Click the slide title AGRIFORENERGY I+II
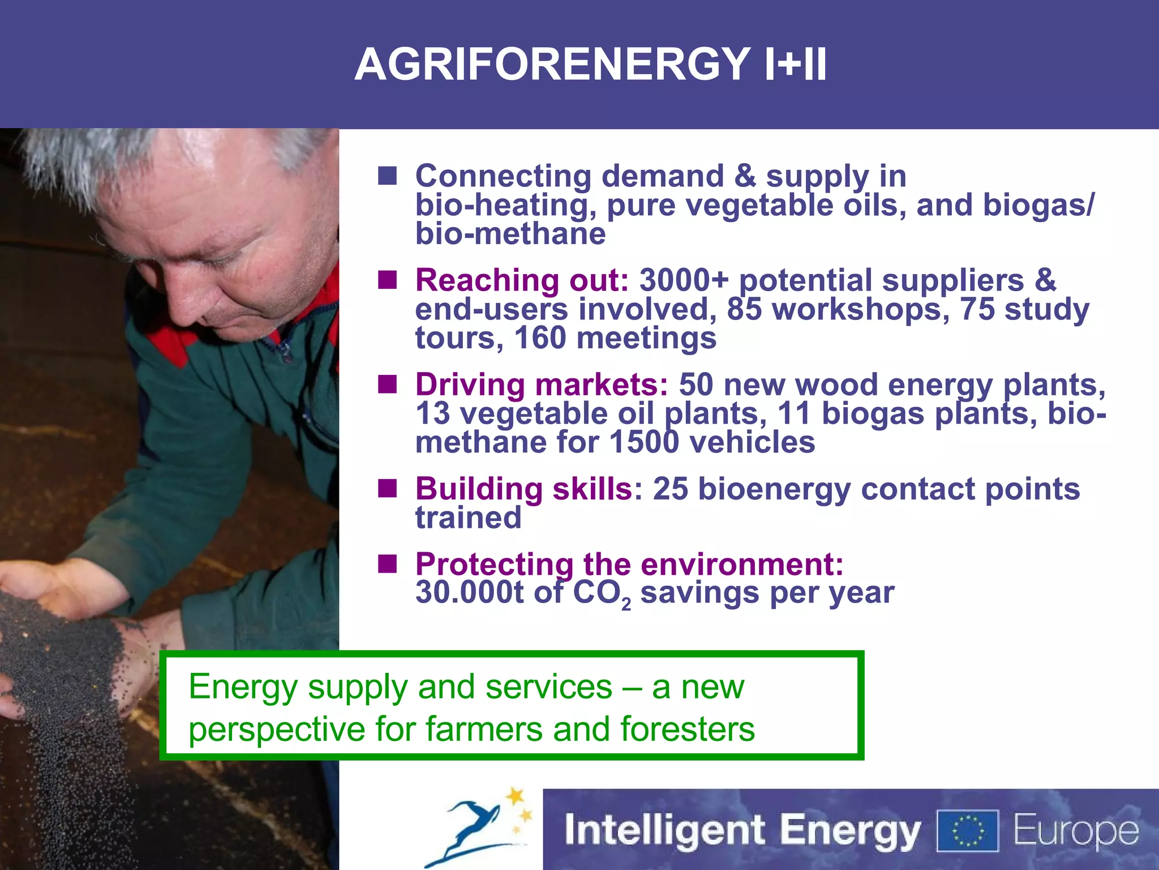[x=590, y=64]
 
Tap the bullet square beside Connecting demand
[x=388, y=176]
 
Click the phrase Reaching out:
[x=522, y=280]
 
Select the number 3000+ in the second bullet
[x=684, y=280]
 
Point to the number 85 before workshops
[x=744, y=309]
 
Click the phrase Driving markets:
[x=542, y=385]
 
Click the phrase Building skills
[x=523, y=489]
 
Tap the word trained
[x=468, y=518]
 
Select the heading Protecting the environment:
[x=629, y=564]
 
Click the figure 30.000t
[x=470, y=593]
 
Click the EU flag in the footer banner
[x=968, y=831]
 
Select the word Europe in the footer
[x=1076, y=831]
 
